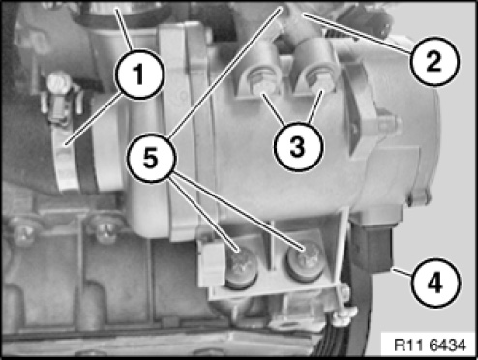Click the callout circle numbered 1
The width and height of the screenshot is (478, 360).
point(139,75)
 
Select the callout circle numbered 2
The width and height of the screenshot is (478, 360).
point(433,61)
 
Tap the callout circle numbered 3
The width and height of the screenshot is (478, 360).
point(298,147)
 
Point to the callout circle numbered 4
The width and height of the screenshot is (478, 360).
point(435,284)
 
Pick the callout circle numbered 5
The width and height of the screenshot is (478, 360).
point(151,158)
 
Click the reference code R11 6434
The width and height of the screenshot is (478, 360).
point(431,345)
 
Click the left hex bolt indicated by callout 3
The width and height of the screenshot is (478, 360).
point(261,82)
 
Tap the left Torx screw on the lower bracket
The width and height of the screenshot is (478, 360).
point(241,267)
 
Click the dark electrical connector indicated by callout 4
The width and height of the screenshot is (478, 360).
point(371,247)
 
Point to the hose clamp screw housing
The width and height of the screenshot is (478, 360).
point(60,97)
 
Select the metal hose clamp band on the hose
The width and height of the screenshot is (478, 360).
point(66,157)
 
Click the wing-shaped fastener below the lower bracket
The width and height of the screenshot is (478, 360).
point(344,315)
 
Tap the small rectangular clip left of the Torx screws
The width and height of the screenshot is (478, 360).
point(210,260)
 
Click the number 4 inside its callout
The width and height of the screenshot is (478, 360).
point(435,284)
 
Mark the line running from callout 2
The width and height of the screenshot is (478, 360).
point(357,33)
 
